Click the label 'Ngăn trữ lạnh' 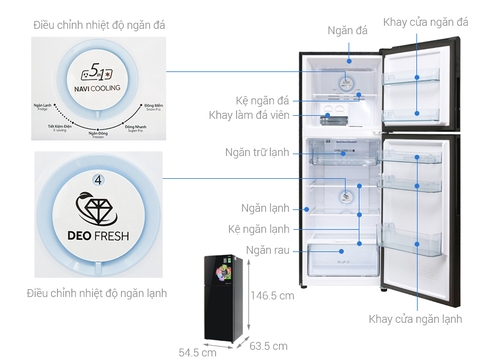point(258,153)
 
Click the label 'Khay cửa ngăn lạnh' point(415,318)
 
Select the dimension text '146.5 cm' point(274,296)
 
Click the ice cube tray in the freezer point(334,122)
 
